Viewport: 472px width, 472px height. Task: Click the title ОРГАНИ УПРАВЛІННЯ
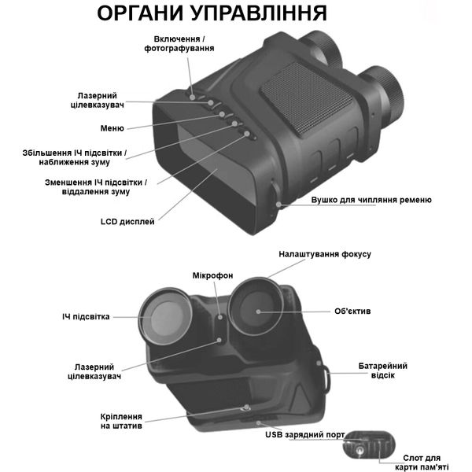(x=211, y=14)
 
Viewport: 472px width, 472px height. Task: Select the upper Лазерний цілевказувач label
(x=109, y=98)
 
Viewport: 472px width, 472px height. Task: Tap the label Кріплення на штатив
(x=122, y=420)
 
